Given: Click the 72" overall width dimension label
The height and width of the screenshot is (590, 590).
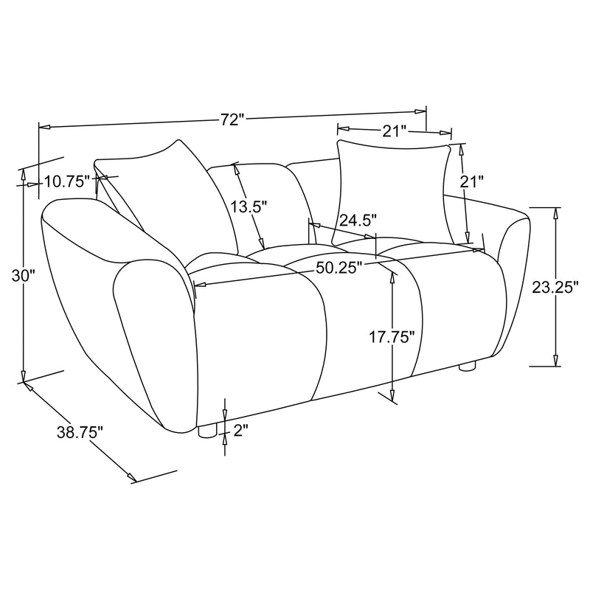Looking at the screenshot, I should coord(232,119).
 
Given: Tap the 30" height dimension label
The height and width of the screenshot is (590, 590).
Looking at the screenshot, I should coord(24,276).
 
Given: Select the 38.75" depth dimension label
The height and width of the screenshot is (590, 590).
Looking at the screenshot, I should coord(80,433).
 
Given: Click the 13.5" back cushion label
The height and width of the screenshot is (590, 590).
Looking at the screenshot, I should coord(246,207).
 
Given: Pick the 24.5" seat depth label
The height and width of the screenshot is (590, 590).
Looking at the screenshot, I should coord(358,220).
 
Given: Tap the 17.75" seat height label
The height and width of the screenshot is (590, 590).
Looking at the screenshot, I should coord(392,337).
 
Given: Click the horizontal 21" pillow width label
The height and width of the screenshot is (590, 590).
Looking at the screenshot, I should coord(395,131).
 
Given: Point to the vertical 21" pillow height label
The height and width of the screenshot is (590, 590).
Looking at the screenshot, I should coord(471,181).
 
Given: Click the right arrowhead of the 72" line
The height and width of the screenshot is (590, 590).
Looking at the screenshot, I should coord(422,111).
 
